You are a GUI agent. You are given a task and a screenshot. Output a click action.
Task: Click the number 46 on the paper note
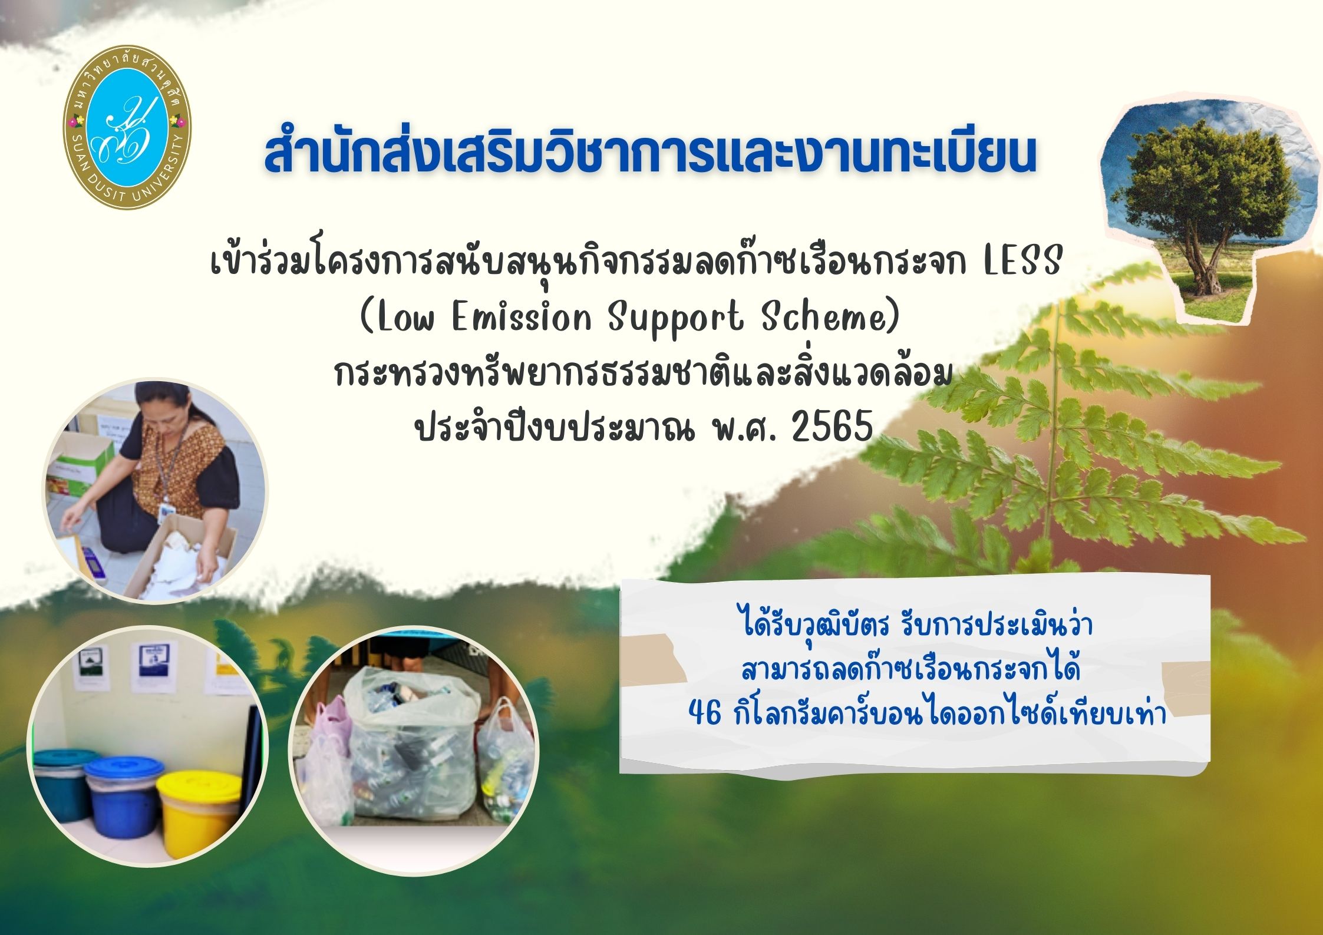704,714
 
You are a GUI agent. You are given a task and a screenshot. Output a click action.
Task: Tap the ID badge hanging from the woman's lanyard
169,507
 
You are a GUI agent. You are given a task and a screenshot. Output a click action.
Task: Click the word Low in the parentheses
407,318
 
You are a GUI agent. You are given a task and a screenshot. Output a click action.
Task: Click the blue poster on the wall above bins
154,666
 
